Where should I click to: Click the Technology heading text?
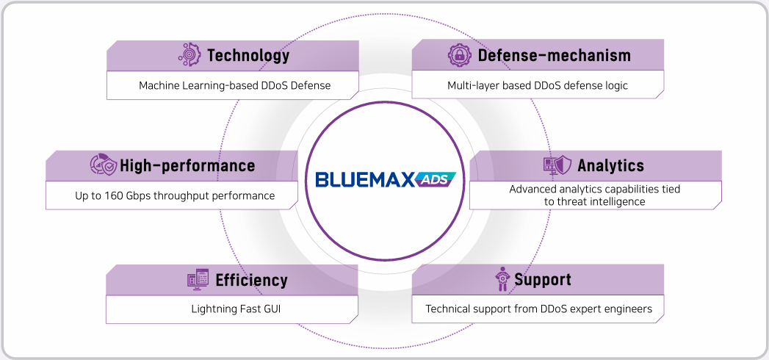[x=248, y=55]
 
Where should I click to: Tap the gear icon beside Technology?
[x=189, y=55]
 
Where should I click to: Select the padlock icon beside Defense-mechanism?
[x=460, y=55]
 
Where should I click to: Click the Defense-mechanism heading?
[x=555, y=55]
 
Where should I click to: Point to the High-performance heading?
[x=187, y=165]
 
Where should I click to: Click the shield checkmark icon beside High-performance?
[x=104, y=165]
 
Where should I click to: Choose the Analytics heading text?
[x=610, y=165]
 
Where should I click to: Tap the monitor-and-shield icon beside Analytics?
[x=557, y=166]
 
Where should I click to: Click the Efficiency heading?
[x=252, y=280]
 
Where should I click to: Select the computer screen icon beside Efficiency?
[x=198, y=279]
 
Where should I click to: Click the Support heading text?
[x=543, y=280]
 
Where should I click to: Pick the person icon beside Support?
[x=502, y=279]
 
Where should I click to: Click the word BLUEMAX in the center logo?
[x=365, y=180]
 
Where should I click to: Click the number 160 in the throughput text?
[x=113, y=195]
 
